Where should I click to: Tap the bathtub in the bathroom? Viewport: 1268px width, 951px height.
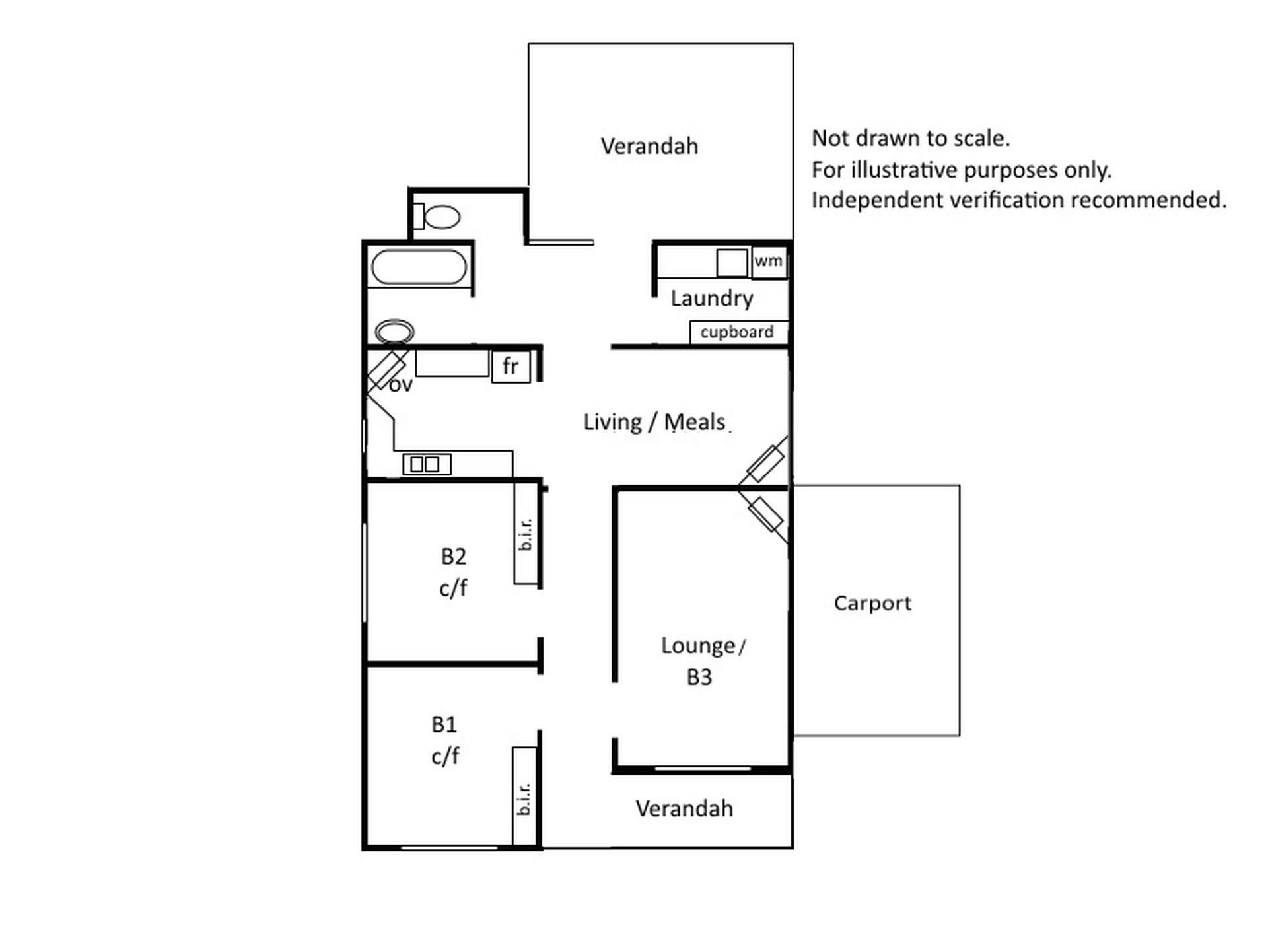(419, 267)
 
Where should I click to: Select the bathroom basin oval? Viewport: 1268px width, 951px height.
(394, 332)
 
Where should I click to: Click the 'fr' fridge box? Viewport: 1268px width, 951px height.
(511, 366)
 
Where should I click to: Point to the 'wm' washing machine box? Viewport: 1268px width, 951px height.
(769, 262)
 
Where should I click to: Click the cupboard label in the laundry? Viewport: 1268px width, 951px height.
(737, 332)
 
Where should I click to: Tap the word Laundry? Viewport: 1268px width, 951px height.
(712, 299)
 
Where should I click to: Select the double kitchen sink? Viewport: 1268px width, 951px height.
(427, 464)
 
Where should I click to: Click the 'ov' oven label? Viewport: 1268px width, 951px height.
(400, 385)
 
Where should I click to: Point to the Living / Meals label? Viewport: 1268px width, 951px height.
(654, 422)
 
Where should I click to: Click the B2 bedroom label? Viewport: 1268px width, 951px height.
(454, 557)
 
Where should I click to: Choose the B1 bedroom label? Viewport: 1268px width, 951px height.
(444, 724)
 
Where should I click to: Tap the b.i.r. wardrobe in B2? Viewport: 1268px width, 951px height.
(526, 534)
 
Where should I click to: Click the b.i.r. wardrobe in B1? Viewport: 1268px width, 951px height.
(524, 796)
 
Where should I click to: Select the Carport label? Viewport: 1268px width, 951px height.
(872, 604)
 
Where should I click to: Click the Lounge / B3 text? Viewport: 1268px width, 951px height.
(703, 661)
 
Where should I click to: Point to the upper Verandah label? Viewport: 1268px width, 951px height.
(649, 146)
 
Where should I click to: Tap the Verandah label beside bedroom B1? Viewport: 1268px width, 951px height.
(684, 809)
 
